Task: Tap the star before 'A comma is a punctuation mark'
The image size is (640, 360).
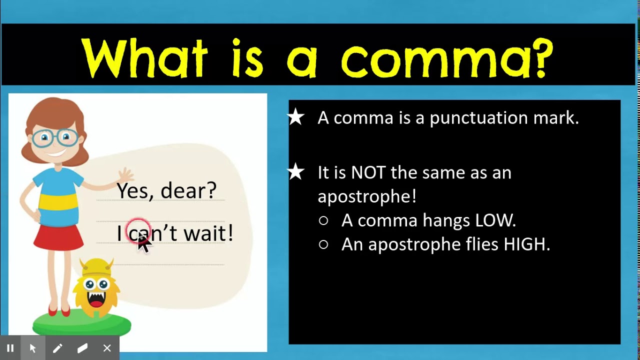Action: point(296,118)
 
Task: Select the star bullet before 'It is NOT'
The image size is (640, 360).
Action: point(296,172)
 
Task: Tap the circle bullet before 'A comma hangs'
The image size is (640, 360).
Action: point(323,220)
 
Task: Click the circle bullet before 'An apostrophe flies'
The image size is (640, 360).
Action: point(323,244)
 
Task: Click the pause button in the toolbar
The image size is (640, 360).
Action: point(10,348)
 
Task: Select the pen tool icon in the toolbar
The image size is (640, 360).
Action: point(57,348)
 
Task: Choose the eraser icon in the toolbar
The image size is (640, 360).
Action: point(82,348)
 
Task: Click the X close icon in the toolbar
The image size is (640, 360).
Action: point(107,348)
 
